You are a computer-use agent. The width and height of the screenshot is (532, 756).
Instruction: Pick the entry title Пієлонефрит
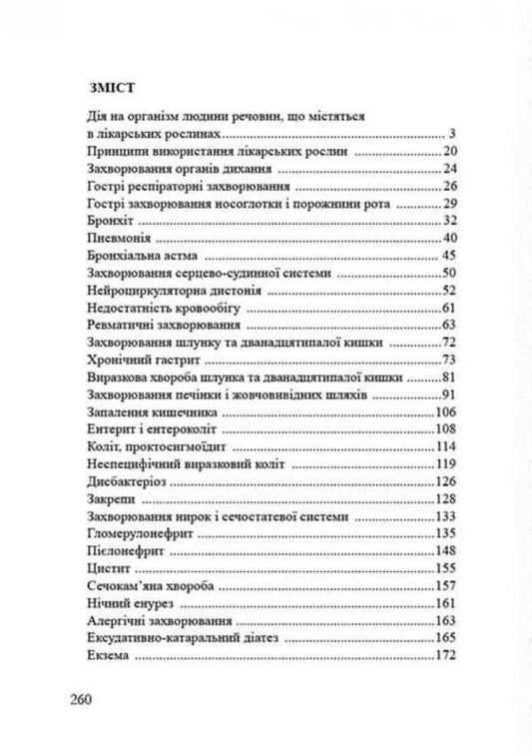coord(111,552)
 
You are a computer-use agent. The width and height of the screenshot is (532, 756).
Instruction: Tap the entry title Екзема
coord(97,656)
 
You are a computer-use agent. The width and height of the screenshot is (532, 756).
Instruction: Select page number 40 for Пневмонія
coord(448,238)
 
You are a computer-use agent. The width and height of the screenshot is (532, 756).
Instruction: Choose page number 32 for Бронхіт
coord(448,220)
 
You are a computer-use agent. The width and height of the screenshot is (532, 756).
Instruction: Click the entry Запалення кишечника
coord(137,412)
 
